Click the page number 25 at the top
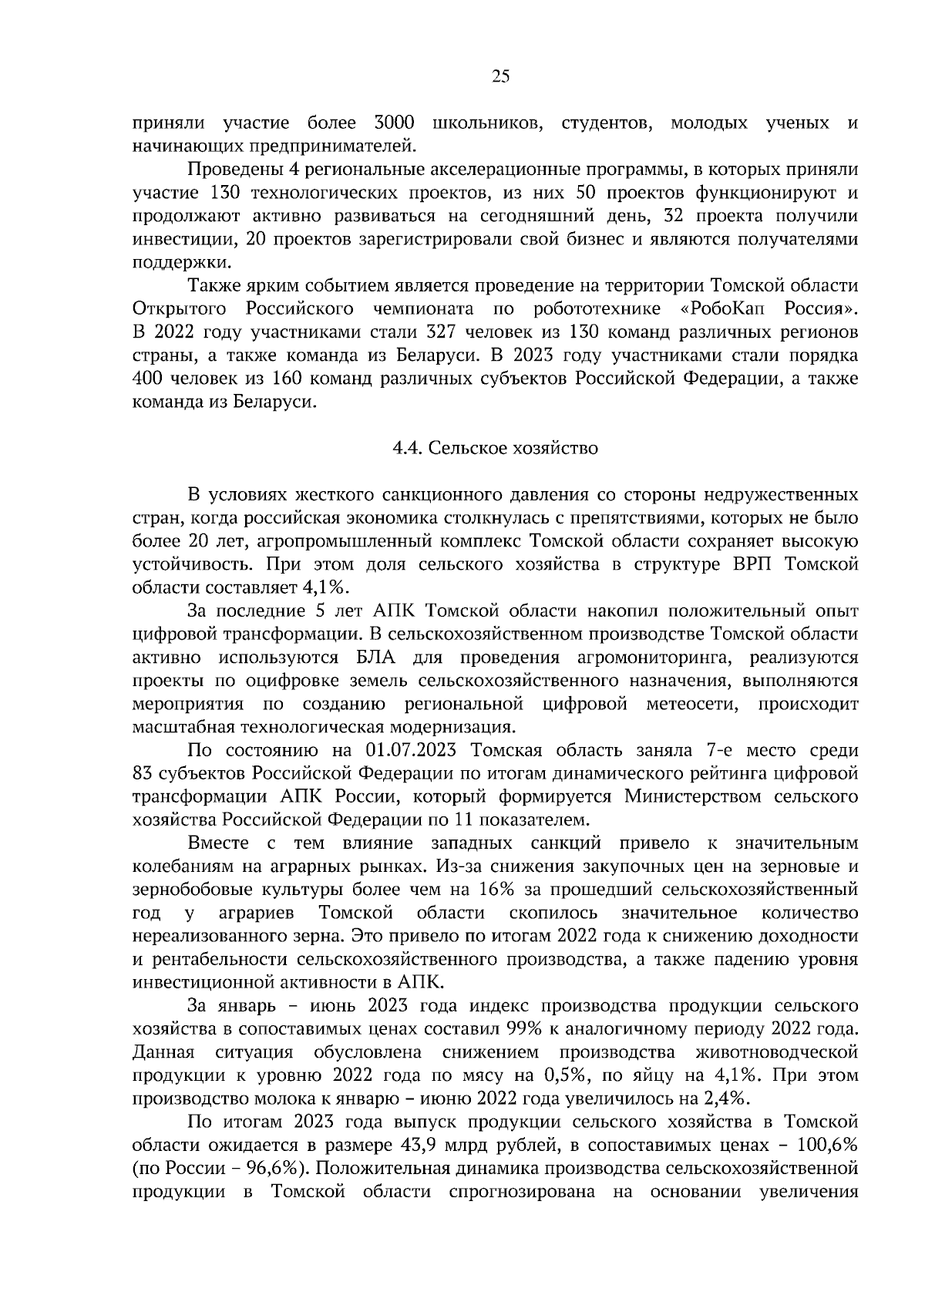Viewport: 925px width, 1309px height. pyautogui.click(x=500, y=76)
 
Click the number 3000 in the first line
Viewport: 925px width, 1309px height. pyautogui.click(x=394, y=123)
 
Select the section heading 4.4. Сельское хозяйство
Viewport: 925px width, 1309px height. pyautogui.click(x=495, y=448)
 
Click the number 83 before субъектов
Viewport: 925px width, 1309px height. pyautogui.click(x=144, y=772)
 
